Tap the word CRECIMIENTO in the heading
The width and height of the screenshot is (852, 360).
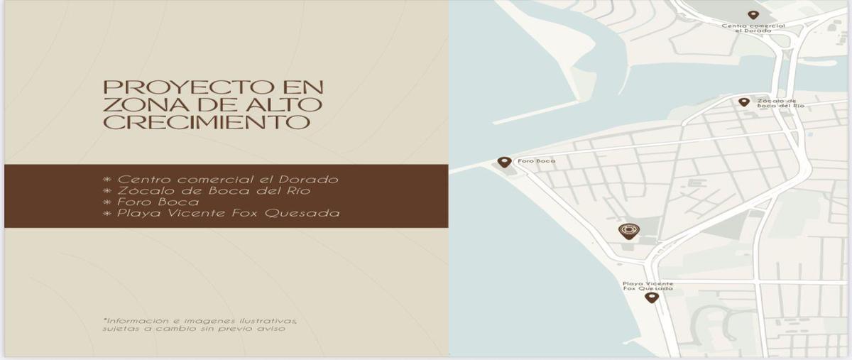(x=207, y=122)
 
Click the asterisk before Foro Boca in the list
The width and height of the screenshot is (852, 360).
(x=107, y=202)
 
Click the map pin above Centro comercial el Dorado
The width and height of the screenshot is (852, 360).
(x=753, y=15)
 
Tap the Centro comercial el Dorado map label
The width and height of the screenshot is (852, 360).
(x=753, y=28)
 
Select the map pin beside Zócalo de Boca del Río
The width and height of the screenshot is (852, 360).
(x=744, y=102)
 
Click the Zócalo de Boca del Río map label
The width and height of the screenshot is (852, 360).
(x=780, y=103)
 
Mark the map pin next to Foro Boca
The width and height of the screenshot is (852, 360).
(x=505, y=162)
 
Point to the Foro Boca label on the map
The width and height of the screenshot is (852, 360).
(x=537, y=161)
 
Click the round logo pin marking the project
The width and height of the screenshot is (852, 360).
(x=628, y=231)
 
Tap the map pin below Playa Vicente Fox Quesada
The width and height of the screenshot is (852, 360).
(x=652, y=298)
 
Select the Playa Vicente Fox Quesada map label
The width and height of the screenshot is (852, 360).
(x=648, y=286)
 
